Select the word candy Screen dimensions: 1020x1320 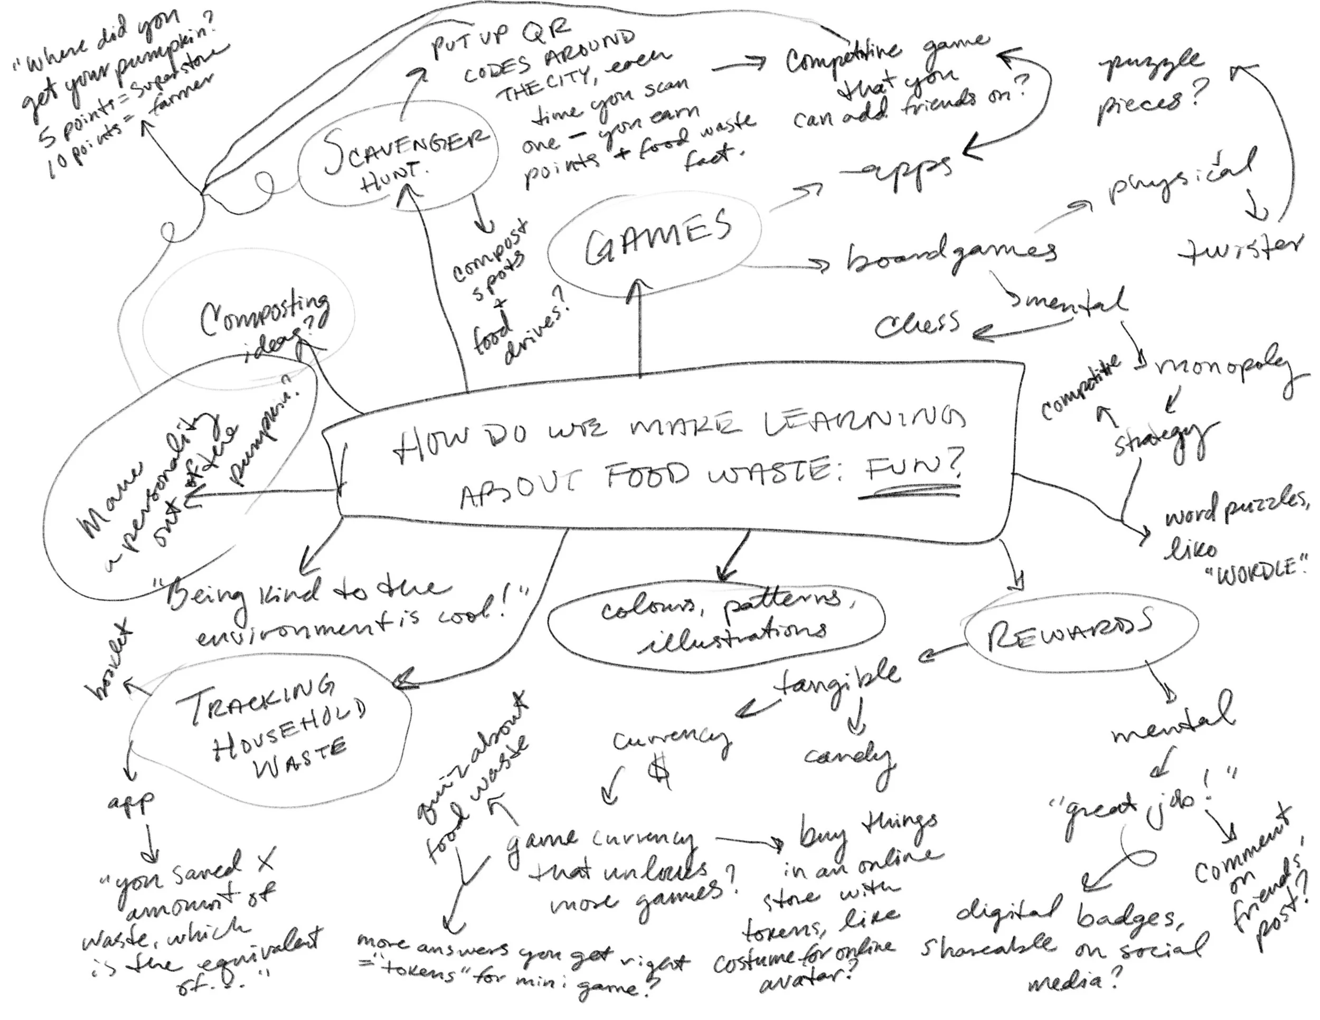[x=848, y=757]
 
